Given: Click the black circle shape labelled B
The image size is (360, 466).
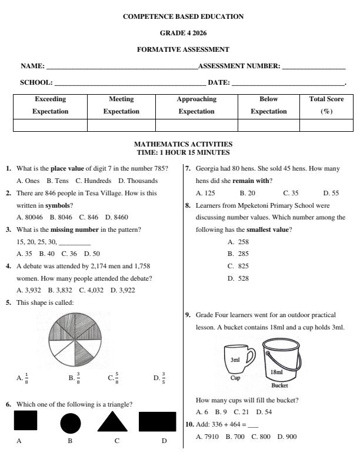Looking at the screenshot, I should click(70, 423).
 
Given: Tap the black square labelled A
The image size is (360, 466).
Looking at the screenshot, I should click(25, 421).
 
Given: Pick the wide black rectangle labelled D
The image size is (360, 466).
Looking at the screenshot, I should click(157, 422).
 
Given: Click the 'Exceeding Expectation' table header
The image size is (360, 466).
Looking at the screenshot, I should click(50, 105).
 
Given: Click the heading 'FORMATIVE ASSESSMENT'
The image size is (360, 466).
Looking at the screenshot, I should click(183, 50).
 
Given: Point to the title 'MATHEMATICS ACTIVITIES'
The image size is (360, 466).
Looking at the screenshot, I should click(183, 144).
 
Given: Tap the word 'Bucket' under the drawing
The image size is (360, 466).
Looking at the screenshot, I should click(279, 386).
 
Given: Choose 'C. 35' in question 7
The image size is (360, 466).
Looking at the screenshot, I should click(291, 192).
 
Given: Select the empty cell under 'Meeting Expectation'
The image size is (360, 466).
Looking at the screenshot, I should click(121, 125).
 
